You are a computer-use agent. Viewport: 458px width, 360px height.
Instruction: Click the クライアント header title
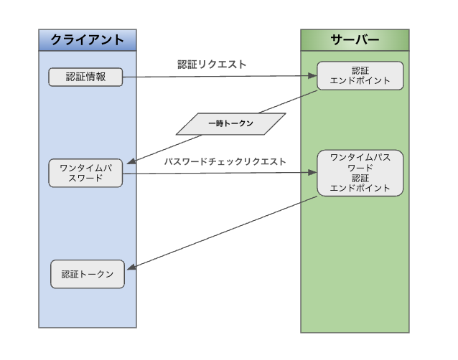[x=87, y=40]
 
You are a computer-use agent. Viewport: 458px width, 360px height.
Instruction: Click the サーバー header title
[x=355, y=40]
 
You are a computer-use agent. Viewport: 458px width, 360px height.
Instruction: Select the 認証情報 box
[x=85, y=77]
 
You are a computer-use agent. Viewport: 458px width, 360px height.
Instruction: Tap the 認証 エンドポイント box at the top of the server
[x=360, y=75]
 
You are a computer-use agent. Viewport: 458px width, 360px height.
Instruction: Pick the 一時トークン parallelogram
[x=230, y=123]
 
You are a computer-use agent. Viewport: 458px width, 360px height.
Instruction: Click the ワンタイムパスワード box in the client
[x=85, y=174]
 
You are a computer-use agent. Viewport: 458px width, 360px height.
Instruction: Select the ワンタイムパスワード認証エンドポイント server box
[x=360, y=173]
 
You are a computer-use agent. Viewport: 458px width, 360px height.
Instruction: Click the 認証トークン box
[x=88, y=275]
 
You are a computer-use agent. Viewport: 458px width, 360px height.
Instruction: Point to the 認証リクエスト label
[x=212, y=64]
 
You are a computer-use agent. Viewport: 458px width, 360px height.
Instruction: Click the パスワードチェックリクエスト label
[x=225, y=161]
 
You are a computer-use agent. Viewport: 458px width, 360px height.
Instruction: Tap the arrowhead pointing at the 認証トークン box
[x=130, y=268]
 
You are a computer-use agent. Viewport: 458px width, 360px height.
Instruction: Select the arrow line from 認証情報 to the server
[x=215, y=76]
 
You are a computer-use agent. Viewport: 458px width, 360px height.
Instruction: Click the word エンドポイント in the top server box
[x=360, y=81]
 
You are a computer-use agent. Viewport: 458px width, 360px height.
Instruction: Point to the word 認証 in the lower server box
[x=360, y=179]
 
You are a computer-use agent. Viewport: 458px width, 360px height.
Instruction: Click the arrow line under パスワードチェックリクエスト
[x=215, y=173]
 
